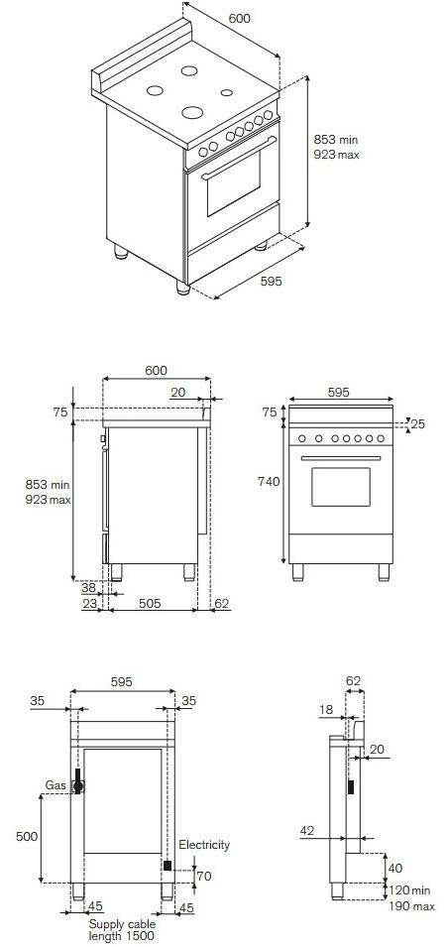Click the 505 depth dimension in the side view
151,601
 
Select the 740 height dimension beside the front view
269,481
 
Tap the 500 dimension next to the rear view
26,836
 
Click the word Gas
56,785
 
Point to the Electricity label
204,845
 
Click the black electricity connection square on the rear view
167,866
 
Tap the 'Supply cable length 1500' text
121,929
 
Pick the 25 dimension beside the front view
417,424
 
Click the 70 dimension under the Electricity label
203,877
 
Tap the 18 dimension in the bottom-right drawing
326,710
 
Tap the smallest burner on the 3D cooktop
227,93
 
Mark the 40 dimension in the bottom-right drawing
396,869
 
